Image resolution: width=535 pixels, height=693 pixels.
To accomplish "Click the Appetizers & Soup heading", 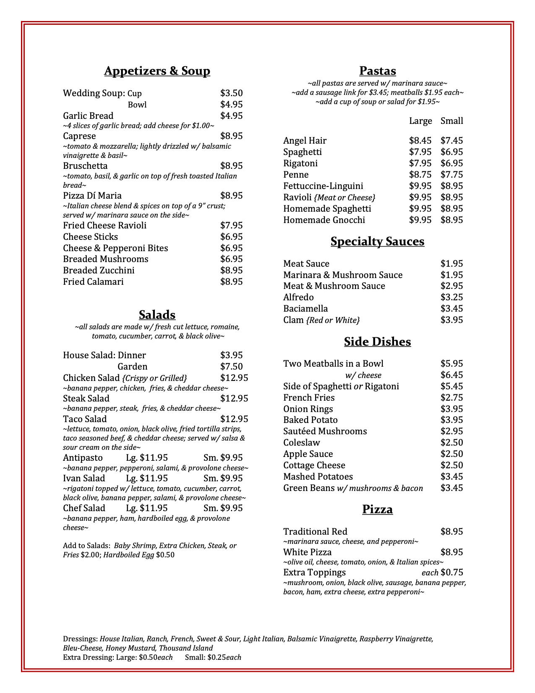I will coord(157,71).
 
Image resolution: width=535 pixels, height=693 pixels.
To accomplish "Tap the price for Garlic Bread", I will coord(231,115).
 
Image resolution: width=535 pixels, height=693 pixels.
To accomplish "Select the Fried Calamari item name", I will coord(93,282).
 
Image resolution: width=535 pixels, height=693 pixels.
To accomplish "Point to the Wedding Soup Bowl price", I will coord(231,105).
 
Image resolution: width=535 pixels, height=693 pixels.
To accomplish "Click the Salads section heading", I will coord(157,315).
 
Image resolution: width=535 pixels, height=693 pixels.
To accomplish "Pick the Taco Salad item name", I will coord(85,419).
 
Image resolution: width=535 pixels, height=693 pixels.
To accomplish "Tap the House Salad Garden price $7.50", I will coord(231,367).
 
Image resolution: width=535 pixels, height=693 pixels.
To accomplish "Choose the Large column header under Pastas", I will coord(420,121).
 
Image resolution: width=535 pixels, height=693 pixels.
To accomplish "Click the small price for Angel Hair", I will coord(451,141).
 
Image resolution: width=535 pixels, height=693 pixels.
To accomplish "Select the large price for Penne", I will coord(420,175).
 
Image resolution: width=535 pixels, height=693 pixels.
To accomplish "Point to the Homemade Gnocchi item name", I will coord(324,220).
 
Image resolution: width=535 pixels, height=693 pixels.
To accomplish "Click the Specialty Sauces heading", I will coord(377,241).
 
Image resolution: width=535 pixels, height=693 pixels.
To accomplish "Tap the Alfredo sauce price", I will coord(451,297).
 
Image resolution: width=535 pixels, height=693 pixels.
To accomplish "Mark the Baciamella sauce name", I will coord(305,309).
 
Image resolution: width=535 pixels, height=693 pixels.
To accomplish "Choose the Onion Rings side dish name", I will coord(308,409).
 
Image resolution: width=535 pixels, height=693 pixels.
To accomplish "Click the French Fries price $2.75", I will coord(451,398).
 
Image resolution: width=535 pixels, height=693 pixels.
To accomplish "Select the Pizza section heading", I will coord(377,509).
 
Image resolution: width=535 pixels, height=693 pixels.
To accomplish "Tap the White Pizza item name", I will coord(307,552).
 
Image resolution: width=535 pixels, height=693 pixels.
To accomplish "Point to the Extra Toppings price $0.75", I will coord(451,572).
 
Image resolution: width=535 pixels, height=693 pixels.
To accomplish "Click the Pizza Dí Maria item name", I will coord(92,196).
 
